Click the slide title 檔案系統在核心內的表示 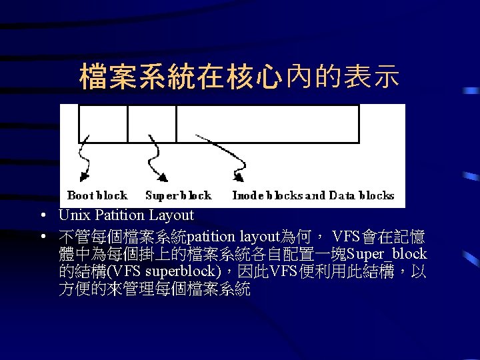click(x=239, y=77)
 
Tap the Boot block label click(x=97, y=195)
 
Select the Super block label click(x=178, y=195)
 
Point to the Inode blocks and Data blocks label click(x=313, y=195)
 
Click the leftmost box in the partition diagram click(x=103, y=123)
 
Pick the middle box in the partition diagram click(x=152, y=123)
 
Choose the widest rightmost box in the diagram click(x=267, y=123)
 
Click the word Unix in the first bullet click(x=73, y=215)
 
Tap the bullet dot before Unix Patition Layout click(x=42, y=216)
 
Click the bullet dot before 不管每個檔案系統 click(x=42, y=237)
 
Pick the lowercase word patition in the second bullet click(x=211, y=237)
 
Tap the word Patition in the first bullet click(x=118, y=215)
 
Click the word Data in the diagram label click(x=342, y=195)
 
